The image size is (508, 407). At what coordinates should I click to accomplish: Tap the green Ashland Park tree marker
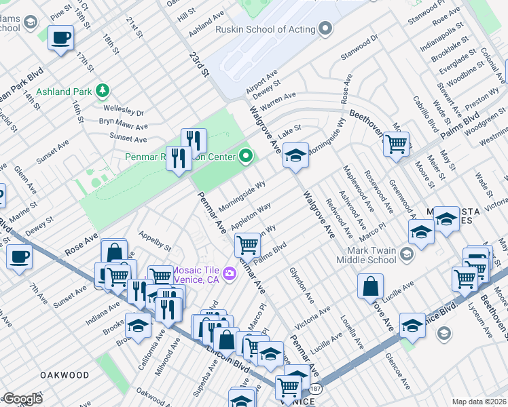click(102, 90)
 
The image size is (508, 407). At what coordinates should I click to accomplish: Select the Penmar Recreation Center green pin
click(247, 157)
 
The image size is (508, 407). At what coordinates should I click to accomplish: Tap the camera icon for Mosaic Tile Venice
click(229, 273)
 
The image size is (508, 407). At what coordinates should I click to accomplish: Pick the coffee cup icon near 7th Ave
click(19, 257)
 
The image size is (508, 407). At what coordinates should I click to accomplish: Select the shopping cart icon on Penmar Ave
click(247, 244)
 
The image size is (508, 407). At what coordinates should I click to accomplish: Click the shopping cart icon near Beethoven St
click(396, 143)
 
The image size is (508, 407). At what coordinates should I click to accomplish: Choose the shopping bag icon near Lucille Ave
click(371, 286)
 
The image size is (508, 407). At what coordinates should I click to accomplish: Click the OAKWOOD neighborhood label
click(65, 375)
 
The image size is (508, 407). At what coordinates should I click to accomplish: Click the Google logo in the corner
click(22, 399)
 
